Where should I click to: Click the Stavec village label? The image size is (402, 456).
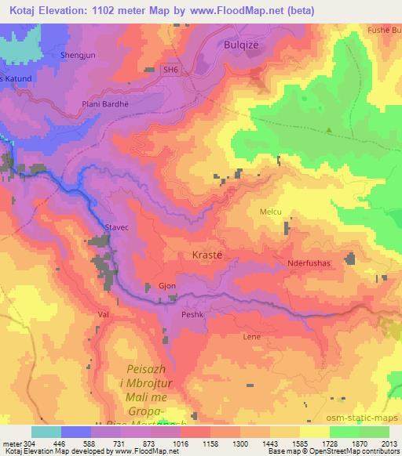pyautogui.click(x=115, y=227)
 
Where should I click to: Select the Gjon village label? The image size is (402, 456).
pyautogui.click(x=166, y=287)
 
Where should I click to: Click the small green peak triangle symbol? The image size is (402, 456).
pyautogui.click(x=329, y=130)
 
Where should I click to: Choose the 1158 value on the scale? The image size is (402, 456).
pyautogui.click(x=208, y=443)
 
